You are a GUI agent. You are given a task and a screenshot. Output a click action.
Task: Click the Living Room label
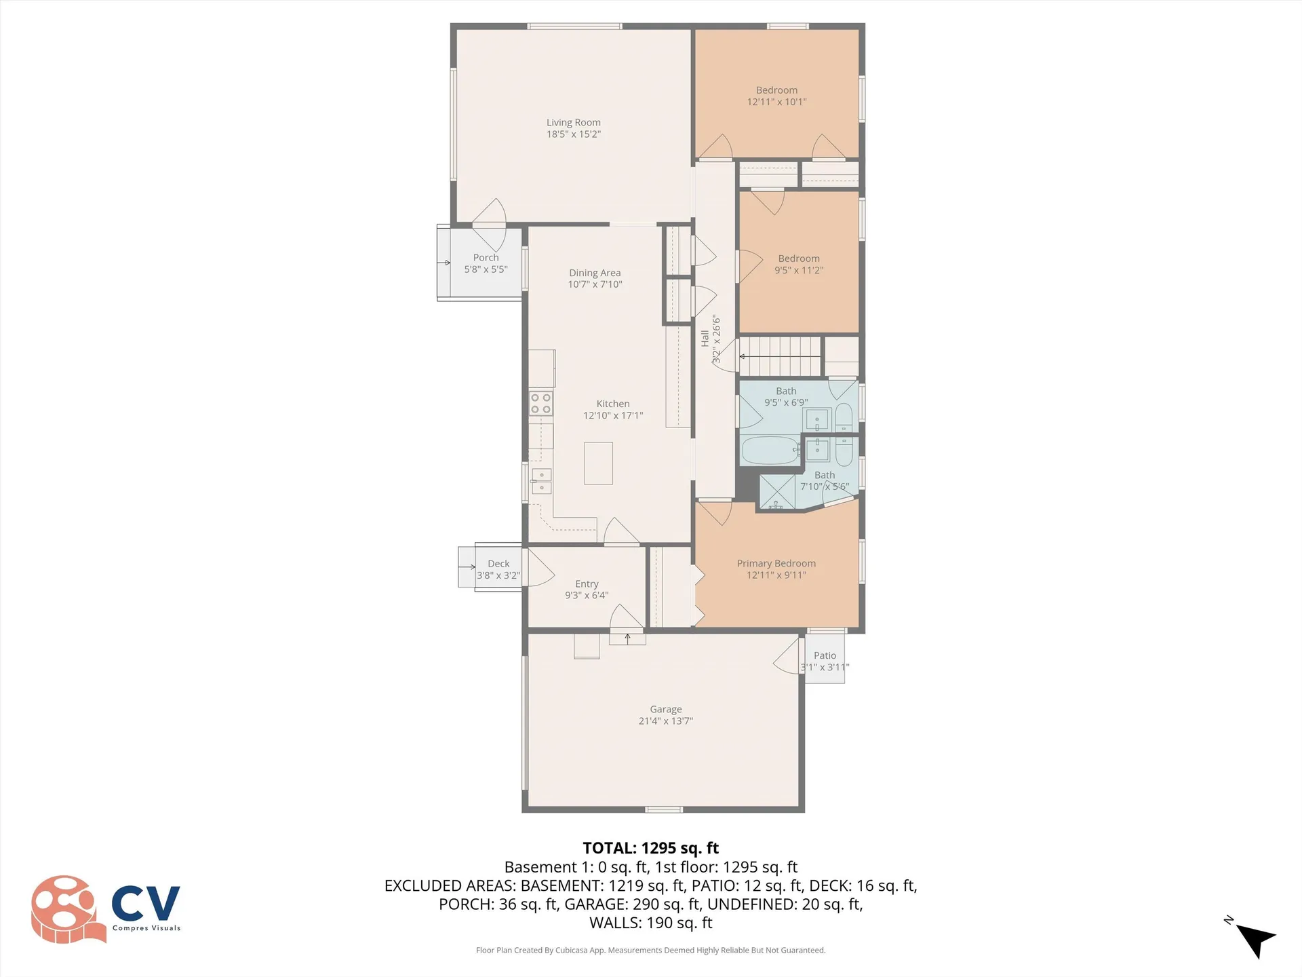(x=574, y=123)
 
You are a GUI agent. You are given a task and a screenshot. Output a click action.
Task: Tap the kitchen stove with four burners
(x=540, y=404)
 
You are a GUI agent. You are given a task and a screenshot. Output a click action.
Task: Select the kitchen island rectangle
(x=598, y=463)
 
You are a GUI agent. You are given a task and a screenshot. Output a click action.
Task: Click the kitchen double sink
(x=541, y=481)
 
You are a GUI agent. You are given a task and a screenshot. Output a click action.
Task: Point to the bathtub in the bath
(x=771, y=451)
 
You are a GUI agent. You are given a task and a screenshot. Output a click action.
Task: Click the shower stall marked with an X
(x=777, y=492)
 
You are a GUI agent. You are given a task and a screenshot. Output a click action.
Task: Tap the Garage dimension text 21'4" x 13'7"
(x=665, y=721)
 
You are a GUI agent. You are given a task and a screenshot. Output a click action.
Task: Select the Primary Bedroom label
(x=776, y=563)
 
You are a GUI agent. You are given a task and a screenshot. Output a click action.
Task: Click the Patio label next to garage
(x=825, y=655)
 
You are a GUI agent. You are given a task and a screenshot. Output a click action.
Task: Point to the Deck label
(x=498, y=564)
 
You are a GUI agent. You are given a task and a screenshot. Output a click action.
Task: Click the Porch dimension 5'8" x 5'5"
(x=486, y=269)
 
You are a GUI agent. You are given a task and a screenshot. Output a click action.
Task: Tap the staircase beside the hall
(x=781, y=356)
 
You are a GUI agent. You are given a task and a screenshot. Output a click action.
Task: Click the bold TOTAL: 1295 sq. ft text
(x=650, y=848)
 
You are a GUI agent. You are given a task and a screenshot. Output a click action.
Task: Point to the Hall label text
(x=705, y=338)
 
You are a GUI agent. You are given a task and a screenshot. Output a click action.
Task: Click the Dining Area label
(x=595, y=273)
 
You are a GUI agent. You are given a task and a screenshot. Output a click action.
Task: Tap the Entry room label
(x=587, y=584)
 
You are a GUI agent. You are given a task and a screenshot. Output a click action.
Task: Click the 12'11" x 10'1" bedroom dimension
(x=776, y=102)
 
